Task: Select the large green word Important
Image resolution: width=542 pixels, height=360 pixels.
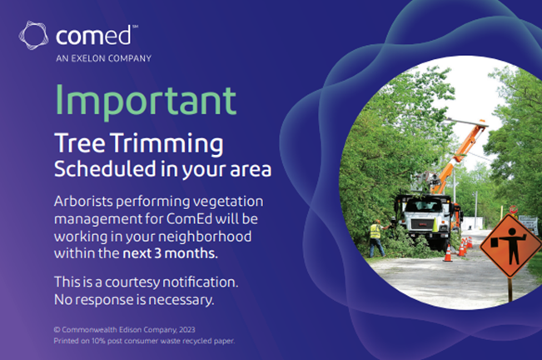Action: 145,100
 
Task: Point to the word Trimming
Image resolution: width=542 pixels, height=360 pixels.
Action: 165,142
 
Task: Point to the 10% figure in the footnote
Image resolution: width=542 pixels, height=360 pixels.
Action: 98,341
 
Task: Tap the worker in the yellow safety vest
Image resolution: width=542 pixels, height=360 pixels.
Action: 376,236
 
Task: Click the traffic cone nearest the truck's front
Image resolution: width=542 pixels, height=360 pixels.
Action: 448,252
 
